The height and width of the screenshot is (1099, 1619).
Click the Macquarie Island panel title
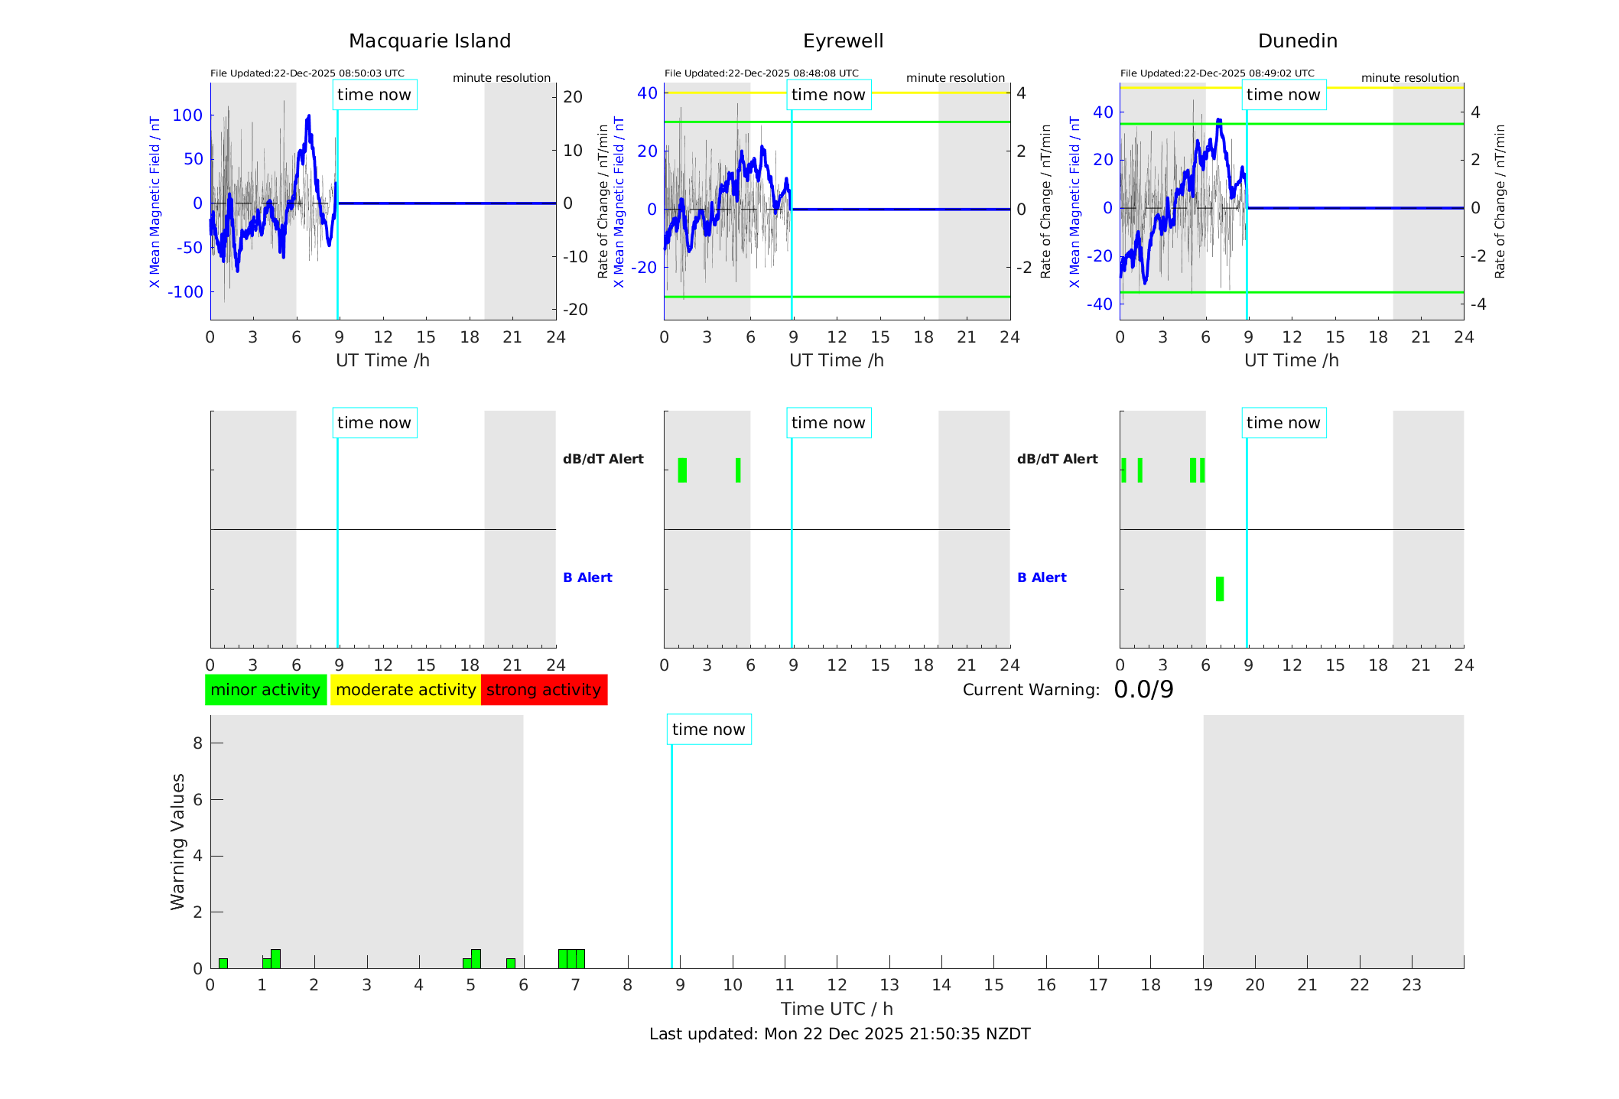[x=429, y=41]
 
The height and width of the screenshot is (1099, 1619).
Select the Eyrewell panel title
[x=843, y=41]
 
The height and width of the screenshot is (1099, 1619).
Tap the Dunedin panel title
[x=1297, y=41]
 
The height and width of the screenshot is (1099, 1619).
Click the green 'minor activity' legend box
[x=265, y=690]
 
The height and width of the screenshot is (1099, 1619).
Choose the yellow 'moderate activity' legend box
[x=405, y=690]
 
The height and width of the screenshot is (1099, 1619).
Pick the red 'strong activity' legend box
[x=544, y=690]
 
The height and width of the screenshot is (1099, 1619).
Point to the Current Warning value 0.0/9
[x=1143, y=690]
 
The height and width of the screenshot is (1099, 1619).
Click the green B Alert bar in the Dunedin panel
[x=1219, y=589]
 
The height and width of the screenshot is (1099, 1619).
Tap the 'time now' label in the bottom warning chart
[x=708, y=730]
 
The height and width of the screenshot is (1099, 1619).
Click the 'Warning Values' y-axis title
[x=177, y=841]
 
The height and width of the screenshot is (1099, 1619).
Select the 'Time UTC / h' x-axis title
[x=837, y=1009]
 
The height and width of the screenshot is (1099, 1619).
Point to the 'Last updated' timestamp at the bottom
[x=840, y=1034]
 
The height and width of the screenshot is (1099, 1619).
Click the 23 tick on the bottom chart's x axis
[x=1411, y=985]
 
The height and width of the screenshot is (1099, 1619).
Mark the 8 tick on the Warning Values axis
[x=197, y=743]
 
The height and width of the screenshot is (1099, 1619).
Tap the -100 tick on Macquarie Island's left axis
[x=186, y=292]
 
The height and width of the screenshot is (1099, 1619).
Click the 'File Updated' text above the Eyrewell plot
[x=761, y=73]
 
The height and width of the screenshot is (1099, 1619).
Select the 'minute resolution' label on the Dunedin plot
[x=1409, y=78]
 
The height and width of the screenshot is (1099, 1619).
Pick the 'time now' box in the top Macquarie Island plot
[x=374, y=95]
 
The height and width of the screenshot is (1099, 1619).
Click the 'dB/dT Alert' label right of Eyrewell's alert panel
[x=1057, y=459]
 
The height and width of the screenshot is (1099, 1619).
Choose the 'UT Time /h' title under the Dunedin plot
[x=1291, y=360]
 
